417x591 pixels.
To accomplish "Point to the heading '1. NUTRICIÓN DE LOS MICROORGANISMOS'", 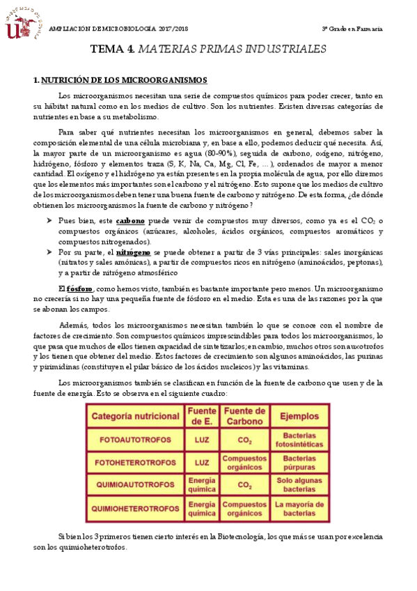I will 120,82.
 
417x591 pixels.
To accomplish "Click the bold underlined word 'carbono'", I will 130,221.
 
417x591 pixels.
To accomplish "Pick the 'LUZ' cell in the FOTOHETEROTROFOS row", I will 202,461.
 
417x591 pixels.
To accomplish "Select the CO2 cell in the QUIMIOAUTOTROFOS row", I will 244,484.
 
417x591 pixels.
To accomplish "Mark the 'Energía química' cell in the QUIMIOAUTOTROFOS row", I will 202,484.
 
